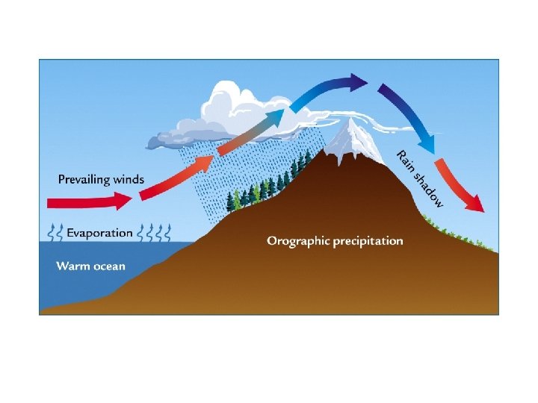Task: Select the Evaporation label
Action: click(99, 233)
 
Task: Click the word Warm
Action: click(72, 266)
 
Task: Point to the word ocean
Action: click(108, 266)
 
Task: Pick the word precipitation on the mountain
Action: click(370, 241)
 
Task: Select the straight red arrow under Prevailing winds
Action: click(82, 201)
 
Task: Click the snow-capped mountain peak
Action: click(344, 138)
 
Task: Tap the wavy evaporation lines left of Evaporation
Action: click(54, 233)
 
